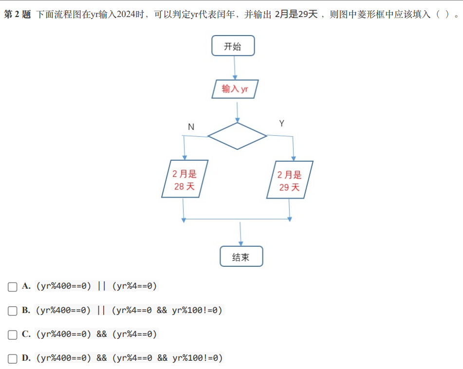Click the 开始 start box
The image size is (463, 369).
[233, 46]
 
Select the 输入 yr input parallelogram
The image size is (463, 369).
[235, 89]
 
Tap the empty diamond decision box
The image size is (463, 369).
[238, 136]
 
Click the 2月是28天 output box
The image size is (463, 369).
[185, 179]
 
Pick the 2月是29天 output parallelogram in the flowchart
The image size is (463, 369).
[290, 180]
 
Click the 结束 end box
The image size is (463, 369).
[241, 257]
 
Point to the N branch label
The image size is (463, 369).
[191, 127]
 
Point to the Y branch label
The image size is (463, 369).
[282, 123]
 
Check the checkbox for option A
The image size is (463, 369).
[12, 287]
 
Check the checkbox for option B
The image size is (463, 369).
[12, 311]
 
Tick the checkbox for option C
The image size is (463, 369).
[12, 335]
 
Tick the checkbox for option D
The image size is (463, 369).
[12, 359]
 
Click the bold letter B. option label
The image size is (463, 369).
[26, 310]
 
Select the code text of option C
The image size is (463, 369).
[96, 334]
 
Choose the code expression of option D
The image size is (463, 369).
[130, 358]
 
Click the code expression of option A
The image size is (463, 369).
[96, 286]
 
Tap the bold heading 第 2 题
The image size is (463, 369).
[18, 14]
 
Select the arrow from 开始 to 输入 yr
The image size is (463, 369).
[235, 68]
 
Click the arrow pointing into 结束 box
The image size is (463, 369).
[241, 234]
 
